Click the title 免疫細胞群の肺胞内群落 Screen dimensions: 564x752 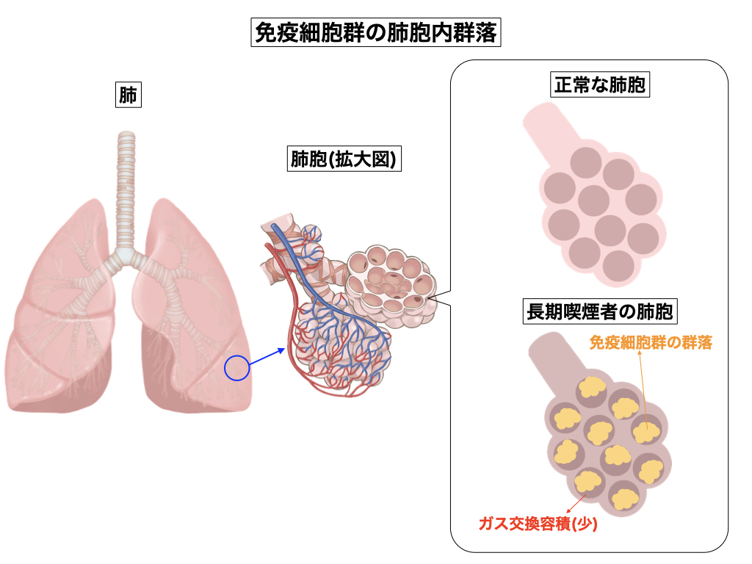[375, 33]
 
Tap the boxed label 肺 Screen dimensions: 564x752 [128, 95]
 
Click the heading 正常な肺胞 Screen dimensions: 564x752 [599, 84]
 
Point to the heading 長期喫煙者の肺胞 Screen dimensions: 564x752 [599, 312]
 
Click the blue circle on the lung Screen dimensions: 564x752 [236, 368]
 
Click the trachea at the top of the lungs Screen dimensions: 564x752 [127, 184]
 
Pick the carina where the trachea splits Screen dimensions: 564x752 [127, 256]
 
